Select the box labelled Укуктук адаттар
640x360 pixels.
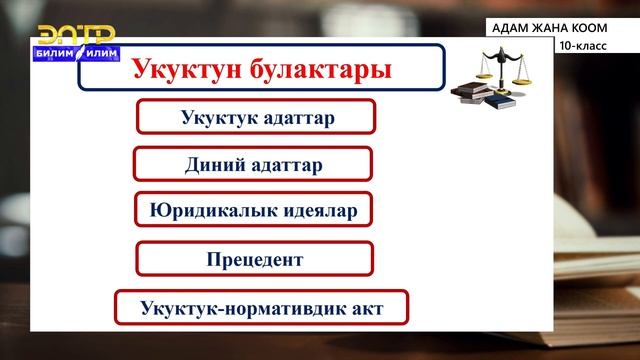click(256, 117)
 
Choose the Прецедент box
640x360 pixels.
click(254, 259)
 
